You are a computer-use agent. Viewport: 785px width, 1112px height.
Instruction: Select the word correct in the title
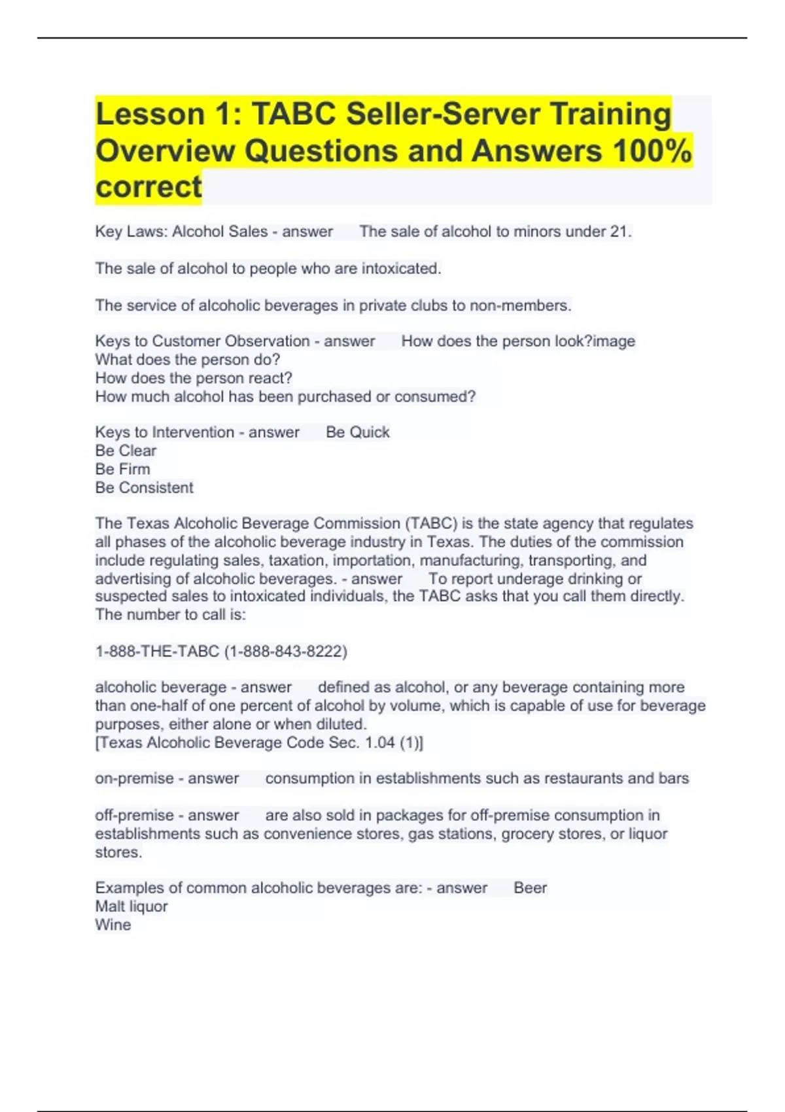point(148,187)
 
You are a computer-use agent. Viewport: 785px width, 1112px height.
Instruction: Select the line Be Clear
point(126,451)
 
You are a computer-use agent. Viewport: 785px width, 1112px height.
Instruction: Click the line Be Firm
point(122,469)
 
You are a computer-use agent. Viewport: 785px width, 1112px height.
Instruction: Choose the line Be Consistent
point(144,487)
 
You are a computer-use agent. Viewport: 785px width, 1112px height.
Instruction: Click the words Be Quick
point(357,432)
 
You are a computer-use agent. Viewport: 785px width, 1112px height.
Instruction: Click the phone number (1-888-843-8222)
point(286,652)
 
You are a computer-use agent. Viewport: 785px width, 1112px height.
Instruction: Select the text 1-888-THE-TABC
point(157,652)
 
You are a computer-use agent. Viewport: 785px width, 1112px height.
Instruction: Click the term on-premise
point(133,778)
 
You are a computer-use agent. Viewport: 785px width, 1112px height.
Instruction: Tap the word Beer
point(530,888)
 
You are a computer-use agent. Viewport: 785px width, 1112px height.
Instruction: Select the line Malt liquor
point(131,907)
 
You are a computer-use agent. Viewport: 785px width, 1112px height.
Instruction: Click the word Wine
point(113,925)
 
